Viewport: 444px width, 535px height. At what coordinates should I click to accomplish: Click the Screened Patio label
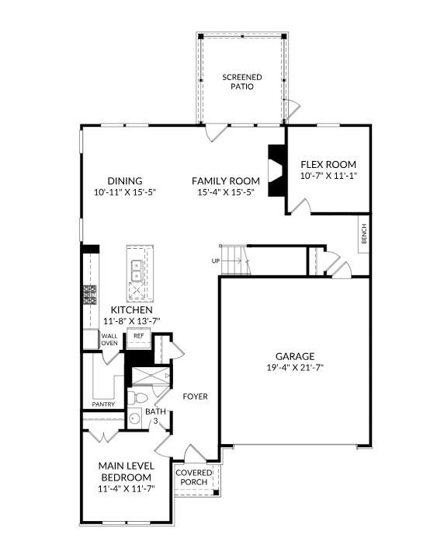[x=242, y=82]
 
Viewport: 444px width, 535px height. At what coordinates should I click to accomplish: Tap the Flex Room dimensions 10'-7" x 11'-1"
[x=328, y=177]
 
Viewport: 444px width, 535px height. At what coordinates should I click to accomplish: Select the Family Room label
[x=226, y=180]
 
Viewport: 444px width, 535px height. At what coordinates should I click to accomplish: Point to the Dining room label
[x=125, y=180]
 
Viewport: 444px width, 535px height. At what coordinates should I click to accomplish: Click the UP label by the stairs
[x=215, y=261]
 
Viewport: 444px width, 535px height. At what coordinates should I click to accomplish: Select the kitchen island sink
[x=137, y=269]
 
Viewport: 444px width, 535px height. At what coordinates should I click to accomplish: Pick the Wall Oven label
[x=109, y=339]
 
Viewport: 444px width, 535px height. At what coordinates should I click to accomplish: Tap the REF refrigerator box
[x=139, y=336]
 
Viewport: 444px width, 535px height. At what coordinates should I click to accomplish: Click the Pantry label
[x=103, y=404]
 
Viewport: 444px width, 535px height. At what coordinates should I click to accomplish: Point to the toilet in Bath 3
[x=140, y=398]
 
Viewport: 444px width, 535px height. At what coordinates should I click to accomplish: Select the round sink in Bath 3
[x=134, y=419]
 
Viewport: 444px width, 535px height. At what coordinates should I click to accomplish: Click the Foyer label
[x=195, y=397]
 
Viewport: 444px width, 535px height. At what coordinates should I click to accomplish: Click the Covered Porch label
[x=194, y=477]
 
